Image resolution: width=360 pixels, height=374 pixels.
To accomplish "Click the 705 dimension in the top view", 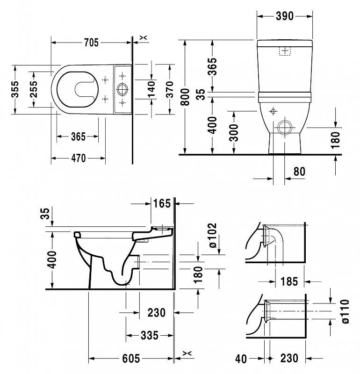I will (x=91, y=43).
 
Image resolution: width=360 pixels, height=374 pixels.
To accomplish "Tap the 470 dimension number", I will (x=78, y=158).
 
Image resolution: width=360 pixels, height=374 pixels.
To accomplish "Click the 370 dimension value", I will (x=169, y=89).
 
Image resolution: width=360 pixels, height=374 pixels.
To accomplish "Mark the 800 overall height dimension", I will (x=186, y=97).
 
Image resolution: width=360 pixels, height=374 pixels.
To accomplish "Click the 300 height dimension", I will (x=233, y=132).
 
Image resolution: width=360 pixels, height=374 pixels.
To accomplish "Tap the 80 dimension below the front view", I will (x=299, y=172).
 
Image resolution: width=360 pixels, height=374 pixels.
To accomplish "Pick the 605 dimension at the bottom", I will (x=131, y=359).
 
